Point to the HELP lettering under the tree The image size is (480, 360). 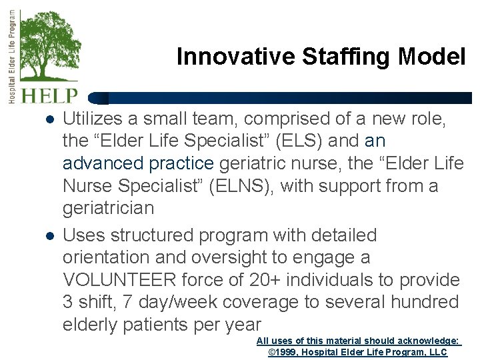(x=50, y=96)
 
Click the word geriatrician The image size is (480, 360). (x=108, y=208)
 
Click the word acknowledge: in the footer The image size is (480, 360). (x=427, y=341)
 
